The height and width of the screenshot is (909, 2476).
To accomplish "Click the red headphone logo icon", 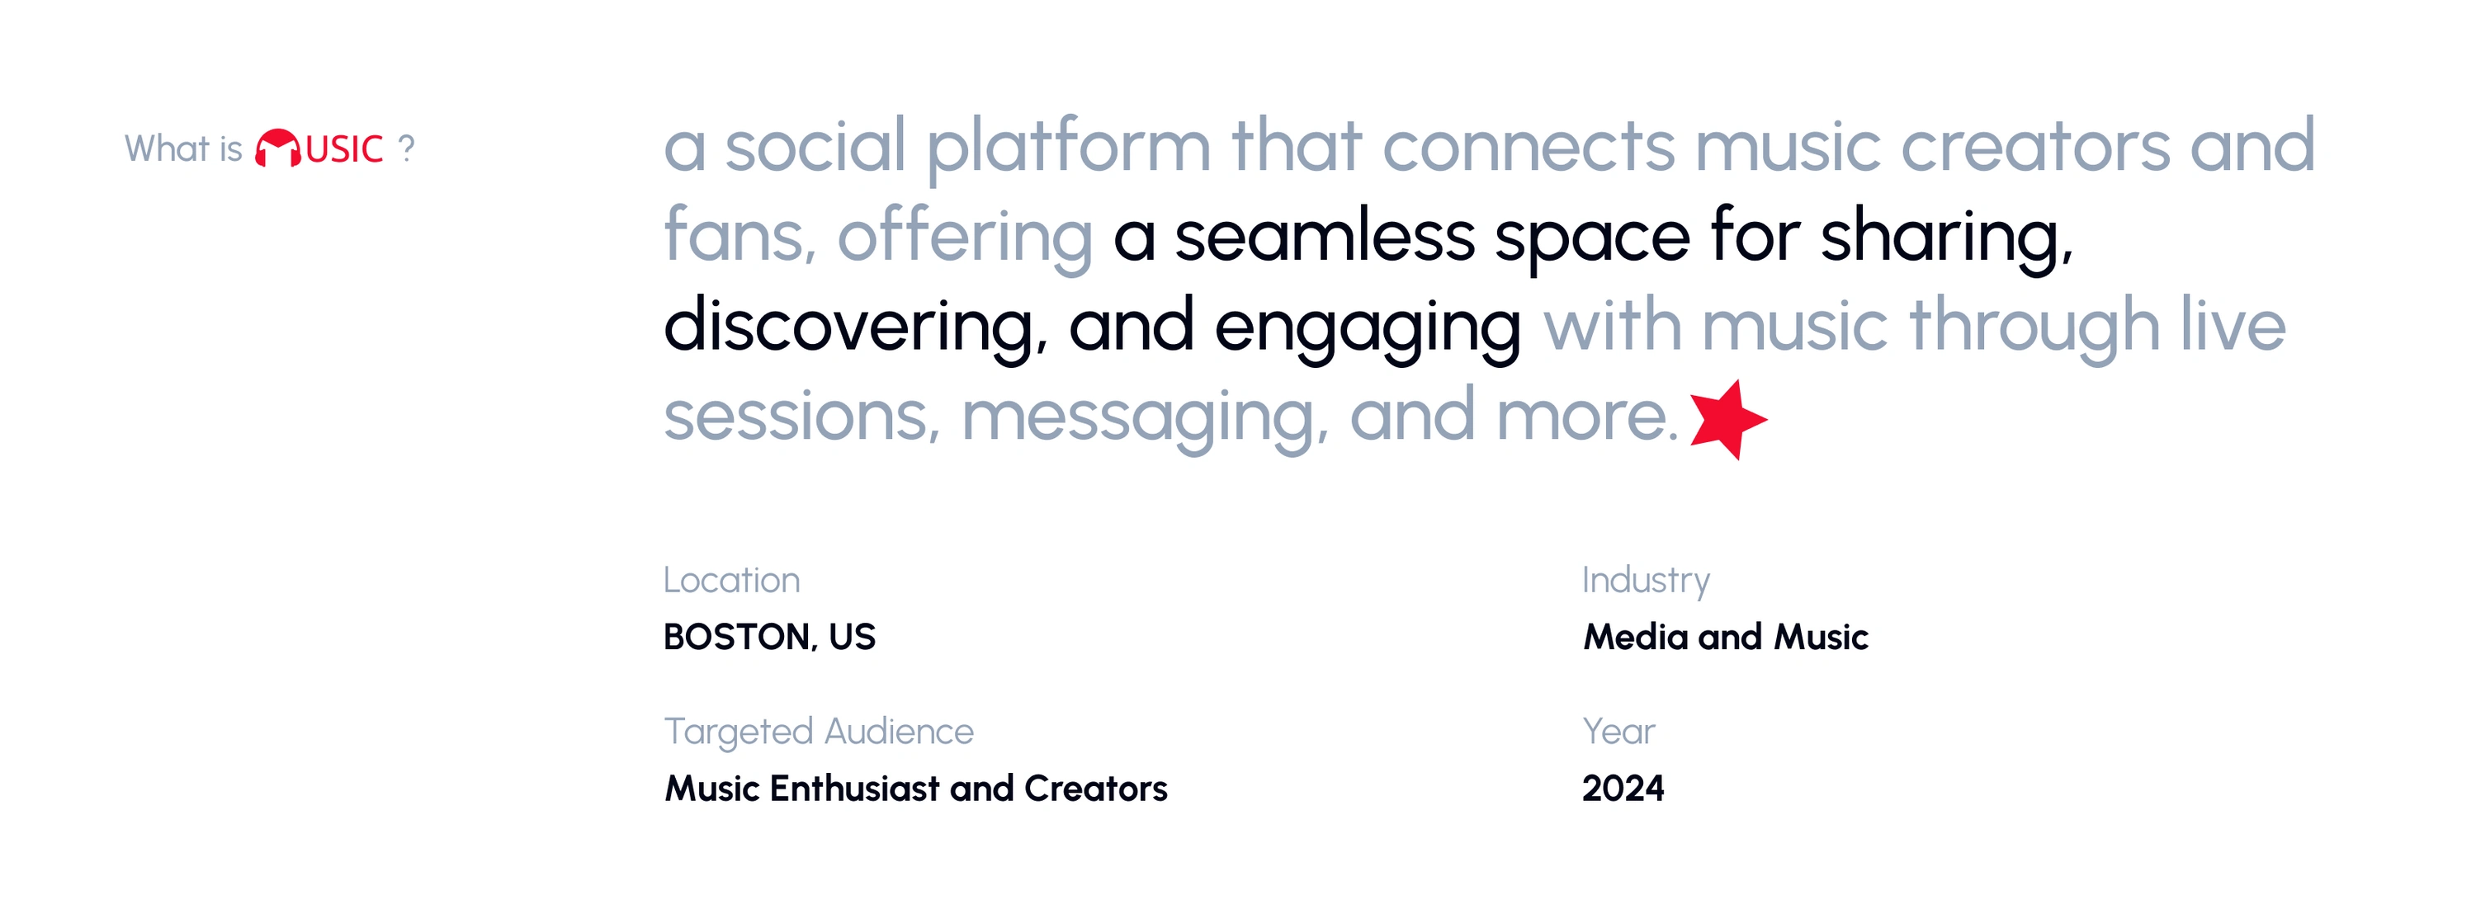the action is [x=278, y=148].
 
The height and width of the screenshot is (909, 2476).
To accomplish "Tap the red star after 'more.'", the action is [x=1727, y=419].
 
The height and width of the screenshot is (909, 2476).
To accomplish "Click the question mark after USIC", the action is [x=407, y=148].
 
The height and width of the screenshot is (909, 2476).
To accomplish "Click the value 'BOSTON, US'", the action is [x=769, y=636].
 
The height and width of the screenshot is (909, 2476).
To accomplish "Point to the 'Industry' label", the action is [x=1646, y=582].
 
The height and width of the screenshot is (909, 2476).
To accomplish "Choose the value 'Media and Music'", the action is [x=1725, y=636].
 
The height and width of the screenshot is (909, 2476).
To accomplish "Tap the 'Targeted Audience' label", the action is [x=819, y=732].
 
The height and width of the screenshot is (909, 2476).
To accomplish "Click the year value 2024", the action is [x=1623, y=788].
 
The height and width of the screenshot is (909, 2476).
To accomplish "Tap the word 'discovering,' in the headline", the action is [x=855, y=327].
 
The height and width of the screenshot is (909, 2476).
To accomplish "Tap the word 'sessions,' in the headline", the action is [x=802, y=419].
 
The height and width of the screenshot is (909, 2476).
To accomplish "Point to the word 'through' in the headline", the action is [x=2034, y=328].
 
